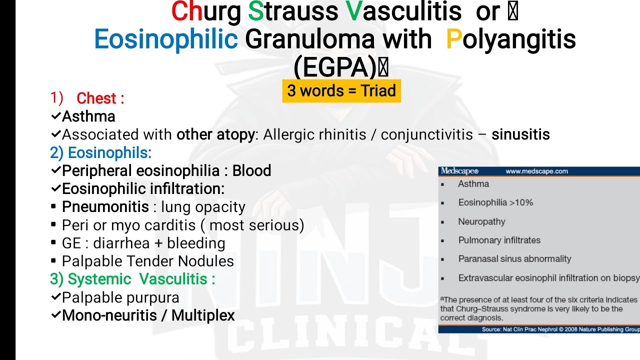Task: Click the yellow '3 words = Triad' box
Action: pyautogui.click(x=341, y=91)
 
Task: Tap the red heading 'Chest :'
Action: pyautogui.click(x=100, y=98)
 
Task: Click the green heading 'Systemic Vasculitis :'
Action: pyautogui.click(x=141, y=279)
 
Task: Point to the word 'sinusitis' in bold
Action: pyautogui.click(x=520, y=134)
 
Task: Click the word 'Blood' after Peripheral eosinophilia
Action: pyautogui.click(x=251, y=171)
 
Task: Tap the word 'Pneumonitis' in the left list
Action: pyautogui.click(x=105, y=207)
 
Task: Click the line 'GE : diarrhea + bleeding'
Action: pyautogui.click(x=143, y=243)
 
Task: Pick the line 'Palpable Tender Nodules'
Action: pyautogui.click(x=147, y=261)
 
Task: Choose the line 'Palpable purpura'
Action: pyautogui.click(x=120, y=297)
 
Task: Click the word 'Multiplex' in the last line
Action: pyautogui.click(x=203, y=315)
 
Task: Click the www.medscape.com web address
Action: pyautogui.click(x=536, y=171)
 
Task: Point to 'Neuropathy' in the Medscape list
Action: pyautogui.click(x=481, y=221)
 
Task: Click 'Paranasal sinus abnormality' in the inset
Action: pyautogui.click(x=514, y=259)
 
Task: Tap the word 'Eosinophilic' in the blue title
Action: pyautogui.click(x=166, y=39)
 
